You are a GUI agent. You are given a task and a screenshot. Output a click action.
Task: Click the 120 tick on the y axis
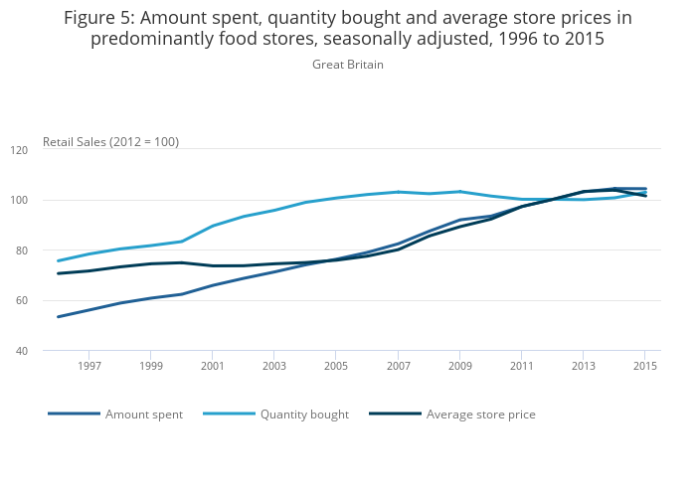[x=47, y=150]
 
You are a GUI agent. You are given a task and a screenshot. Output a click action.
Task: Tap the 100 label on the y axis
[x=47, y=201]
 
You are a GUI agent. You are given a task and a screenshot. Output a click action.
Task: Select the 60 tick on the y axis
[x=49, y=301]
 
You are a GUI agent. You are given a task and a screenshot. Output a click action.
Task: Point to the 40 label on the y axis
[x=49, y=351]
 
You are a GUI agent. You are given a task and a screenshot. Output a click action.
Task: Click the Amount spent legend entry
[x=143, y=415]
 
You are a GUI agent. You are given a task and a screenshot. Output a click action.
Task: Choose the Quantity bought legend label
[x=304, y=415]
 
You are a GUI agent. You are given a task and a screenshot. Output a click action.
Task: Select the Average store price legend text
[x=480, y=415]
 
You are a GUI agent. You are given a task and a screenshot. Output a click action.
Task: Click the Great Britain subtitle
[x=348, y=65]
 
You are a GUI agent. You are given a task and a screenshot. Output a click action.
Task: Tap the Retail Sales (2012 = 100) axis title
[x=110, y=142]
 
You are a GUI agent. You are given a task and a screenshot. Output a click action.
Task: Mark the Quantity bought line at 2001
[x=212, y=226]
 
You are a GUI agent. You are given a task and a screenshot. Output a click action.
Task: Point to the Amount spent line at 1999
[x=150, y=298]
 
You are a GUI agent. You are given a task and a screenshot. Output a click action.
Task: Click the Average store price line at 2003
[x=274, y=264]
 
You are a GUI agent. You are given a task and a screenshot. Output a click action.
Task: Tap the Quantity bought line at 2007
[x=398, y=192]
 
